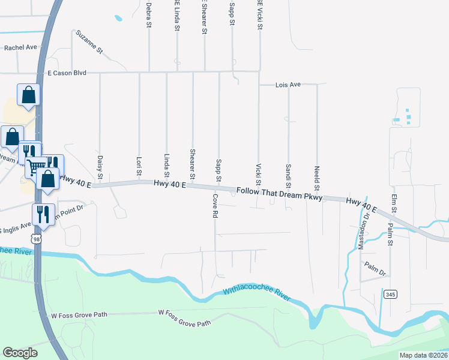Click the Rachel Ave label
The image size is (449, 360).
[x=21, y=47]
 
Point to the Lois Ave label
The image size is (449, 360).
[x=288, y=85]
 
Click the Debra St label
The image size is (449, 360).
[x=148, y=14]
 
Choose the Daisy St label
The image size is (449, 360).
[x=100, y=167]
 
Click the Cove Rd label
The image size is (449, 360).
[x=214, y=206]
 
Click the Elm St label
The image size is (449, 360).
[x=394, y=203]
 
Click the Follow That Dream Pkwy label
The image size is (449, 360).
[x=280, y=194]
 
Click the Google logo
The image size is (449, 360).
[x=20, y=353]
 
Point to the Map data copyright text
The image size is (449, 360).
[x=423, y=355]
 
